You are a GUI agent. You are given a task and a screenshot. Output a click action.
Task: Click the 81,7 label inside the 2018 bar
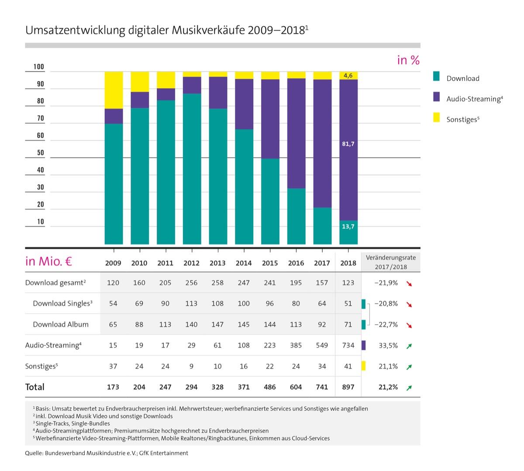pyautogui.click(x=348, y=144)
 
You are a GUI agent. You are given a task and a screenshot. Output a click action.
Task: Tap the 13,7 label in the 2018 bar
pyautogui.click(x=348, y=227)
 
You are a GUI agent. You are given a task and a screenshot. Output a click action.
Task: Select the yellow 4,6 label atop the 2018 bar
pyautogui.click(x=348, y=76)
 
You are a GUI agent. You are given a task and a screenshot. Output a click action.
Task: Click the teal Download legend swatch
pyautogui.click(x=437, y=77)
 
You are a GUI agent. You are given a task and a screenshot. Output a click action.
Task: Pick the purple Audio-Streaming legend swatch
pyautogui.click(x=437, y=97)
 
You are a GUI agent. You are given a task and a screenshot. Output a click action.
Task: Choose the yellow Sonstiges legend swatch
pyautogui.click(x=437, y=118)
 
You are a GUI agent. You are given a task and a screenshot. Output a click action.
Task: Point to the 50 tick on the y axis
pyautogui.click(x=40, y=153)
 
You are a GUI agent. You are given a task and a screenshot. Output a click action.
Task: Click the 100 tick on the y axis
pyautogui.click(x=39, y=67)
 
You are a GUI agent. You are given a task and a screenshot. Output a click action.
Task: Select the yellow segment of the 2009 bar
pyautogui.click(x=114, y=90)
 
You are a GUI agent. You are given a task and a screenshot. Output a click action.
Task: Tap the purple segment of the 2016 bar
pyautogui.click(x=296, y=133)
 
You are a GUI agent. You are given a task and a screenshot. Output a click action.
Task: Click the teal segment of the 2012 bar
pyautogui.click(x=192, y=168)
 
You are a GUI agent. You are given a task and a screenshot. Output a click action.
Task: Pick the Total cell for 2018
pyautogui.click(x=348, y=387)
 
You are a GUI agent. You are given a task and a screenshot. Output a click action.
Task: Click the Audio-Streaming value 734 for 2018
pyautogui.click(x=348, y=345)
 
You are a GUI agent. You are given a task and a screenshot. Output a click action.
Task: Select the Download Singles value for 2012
pyautogui.click(x=191, y=303)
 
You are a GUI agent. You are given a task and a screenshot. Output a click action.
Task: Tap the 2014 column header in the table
pyautogui.click(x=244, y=263)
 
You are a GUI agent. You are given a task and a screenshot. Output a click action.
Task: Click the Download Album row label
pyautogui.click(x=61, y=324)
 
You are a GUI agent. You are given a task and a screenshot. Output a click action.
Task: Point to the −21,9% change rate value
pyautogui.click(x=386, y=283)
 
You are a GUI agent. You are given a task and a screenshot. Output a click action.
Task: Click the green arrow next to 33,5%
pyautogui.click(x=409, y=346)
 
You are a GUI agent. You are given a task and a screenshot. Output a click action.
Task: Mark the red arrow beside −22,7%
pyautogui.click(x=409, y=325)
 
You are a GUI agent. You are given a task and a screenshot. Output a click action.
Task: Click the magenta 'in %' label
pyautogui.click(x=408, y=60)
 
